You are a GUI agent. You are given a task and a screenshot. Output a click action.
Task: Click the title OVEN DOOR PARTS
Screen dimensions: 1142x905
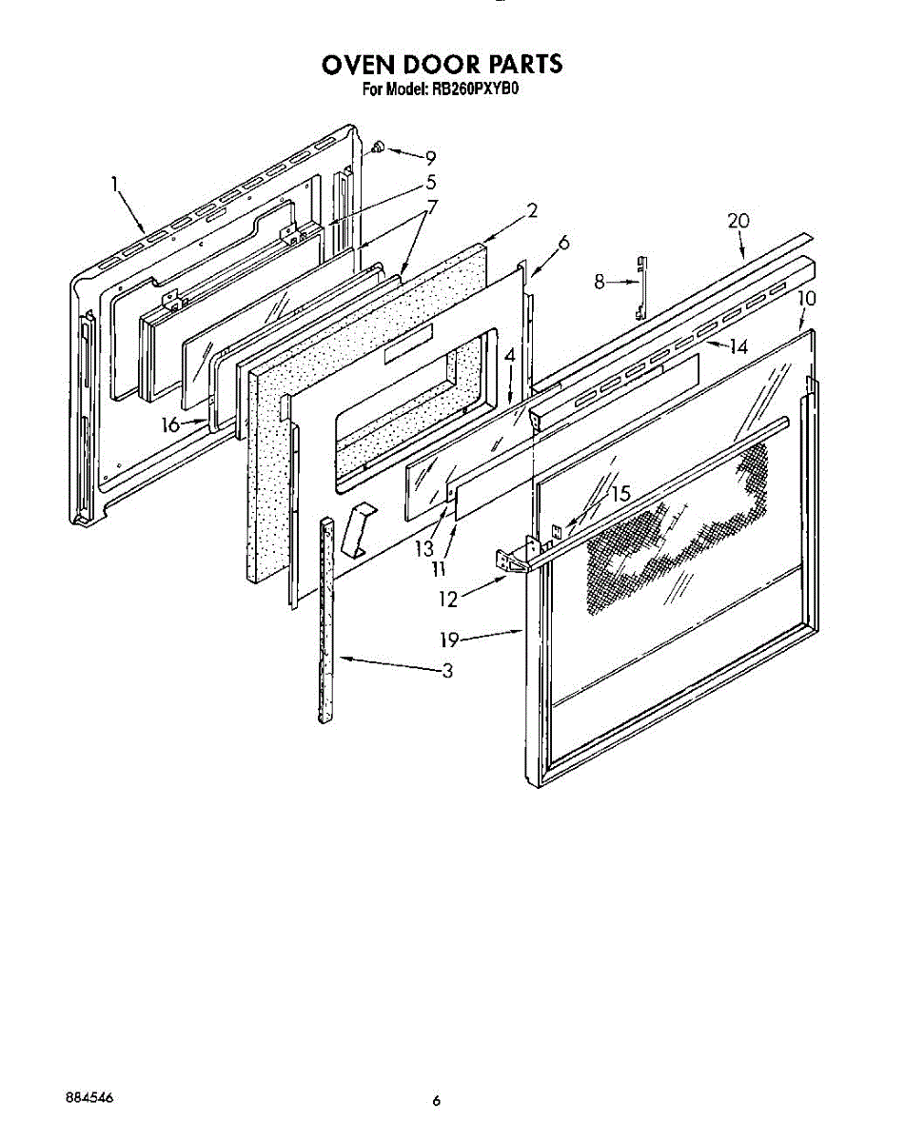pos(443,65)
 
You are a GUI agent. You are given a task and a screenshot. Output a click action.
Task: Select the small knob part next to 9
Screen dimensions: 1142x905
pos(379,147)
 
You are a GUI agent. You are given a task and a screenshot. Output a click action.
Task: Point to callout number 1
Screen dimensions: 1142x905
pos(115,184)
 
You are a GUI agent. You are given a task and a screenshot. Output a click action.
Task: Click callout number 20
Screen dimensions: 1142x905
pos(738,221)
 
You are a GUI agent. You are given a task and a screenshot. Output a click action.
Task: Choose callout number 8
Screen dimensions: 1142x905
pos(598,282)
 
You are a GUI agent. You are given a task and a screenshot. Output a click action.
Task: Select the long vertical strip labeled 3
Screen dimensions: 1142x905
pos(328,619)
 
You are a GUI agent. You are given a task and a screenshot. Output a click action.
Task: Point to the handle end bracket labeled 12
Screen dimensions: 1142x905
pos(515,561)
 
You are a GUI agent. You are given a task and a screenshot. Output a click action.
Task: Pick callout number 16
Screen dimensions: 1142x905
pos(171,425)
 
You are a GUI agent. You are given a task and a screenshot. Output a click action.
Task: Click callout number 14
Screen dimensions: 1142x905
pos(738,346)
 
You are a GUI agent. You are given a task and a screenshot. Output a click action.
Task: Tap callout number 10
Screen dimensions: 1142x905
pos(806,298)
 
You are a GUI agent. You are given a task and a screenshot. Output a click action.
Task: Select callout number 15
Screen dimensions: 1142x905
pos(620,495)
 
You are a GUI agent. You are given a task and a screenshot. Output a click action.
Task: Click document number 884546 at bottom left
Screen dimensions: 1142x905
pos(89,1096)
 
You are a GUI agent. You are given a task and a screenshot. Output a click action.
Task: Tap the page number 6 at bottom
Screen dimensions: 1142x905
pos(437,1101)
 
